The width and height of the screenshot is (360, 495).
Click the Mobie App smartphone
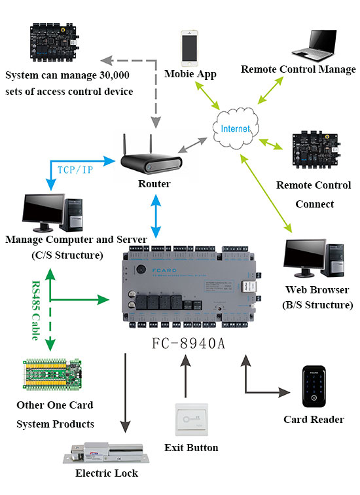pyautogui.click(x=190, y=47)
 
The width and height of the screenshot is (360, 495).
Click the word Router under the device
pyautogui.click(x=154, y=184)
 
